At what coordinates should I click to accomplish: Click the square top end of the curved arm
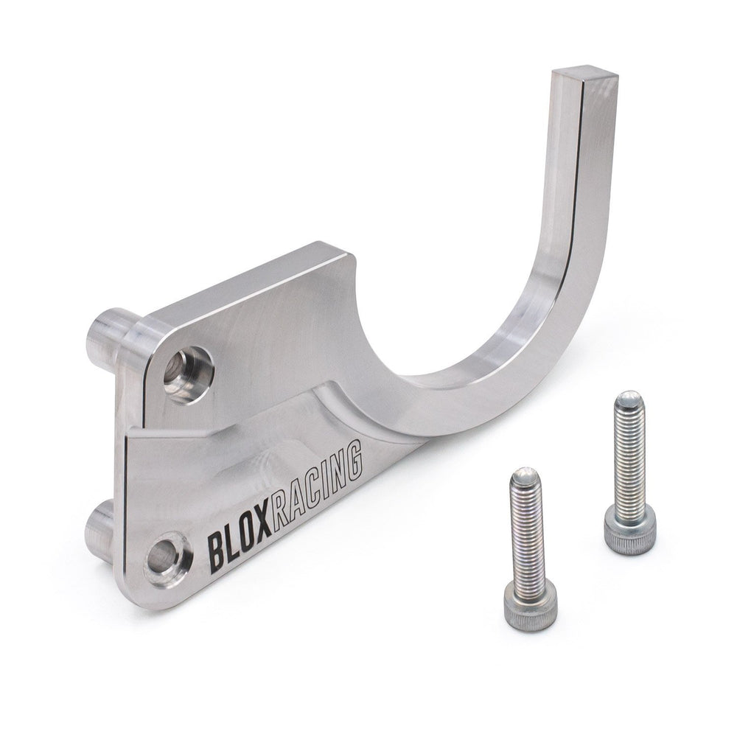click(584, 75)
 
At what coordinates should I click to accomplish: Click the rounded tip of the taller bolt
click(629, 399)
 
